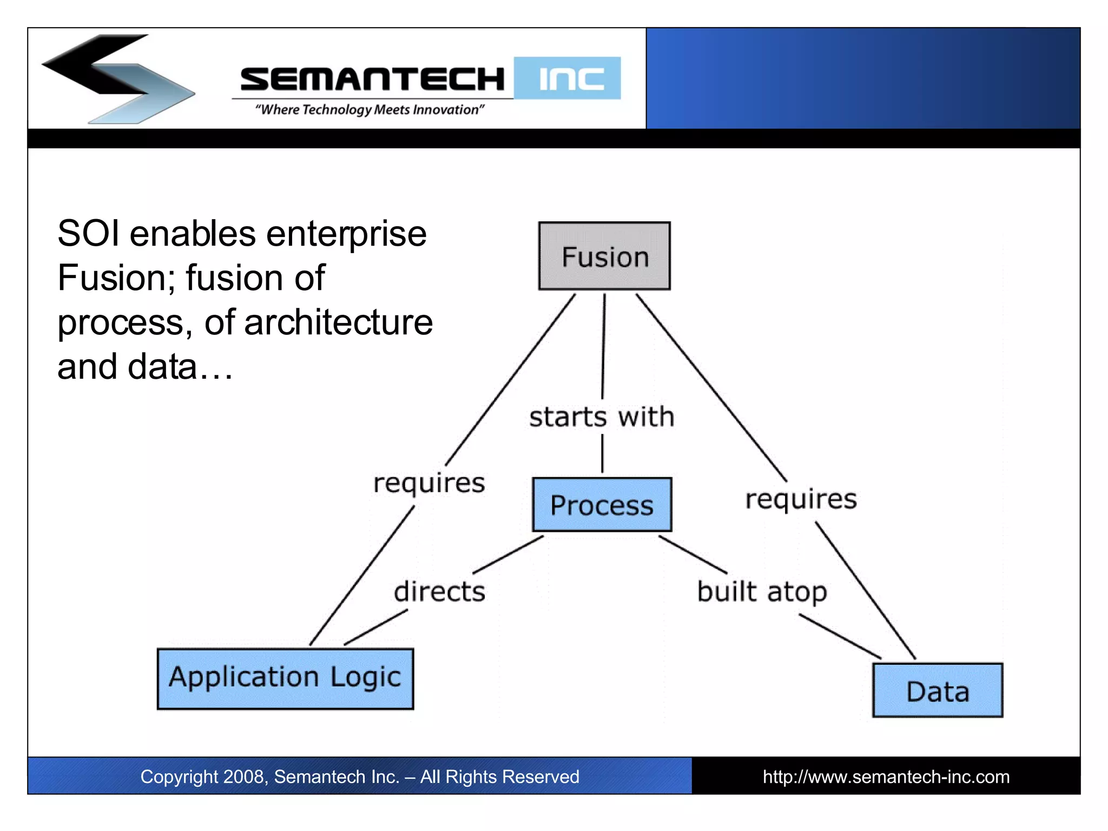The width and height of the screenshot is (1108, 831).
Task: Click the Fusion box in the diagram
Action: (x=604, y=256)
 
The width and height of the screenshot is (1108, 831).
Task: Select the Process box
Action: (x=602, y=505)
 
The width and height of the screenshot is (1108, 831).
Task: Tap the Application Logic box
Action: (x=285, y=678)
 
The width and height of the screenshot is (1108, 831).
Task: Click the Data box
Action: (x=938, y=691)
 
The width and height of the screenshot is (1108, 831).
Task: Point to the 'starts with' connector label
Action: (x=602, y=417)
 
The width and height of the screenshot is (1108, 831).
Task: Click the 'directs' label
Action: (x=439, y=591)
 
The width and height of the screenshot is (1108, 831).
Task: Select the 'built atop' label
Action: (x=762, y=592)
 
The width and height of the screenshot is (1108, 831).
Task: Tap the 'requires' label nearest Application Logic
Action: (x=429, y=483)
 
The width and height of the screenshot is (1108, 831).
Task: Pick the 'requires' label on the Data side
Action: (x=801, y=499)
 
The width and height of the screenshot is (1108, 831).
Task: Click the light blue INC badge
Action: (x=568, y=78)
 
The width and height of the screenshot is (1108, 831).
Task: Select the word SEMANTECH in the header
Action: (x=372, y=79)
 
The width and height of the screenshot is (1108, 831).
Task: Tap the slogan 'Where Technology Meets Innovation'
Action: (x=370, y=110)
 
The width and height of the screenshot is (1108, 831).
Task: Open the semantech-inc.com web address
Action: (x=886, y=777)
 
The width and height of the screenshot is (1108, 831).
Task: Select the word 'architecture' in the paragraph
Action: (x=338, y=323)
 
